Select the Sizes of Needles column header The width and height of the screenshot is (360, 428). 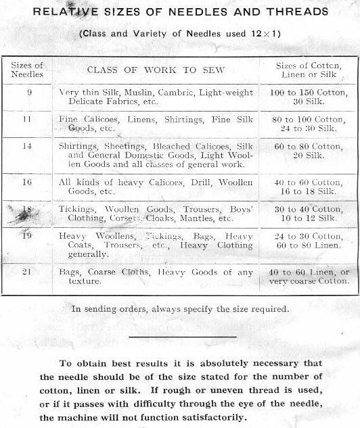pos(26,70)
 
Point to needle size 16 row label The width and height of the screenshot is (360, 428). pos(28,182)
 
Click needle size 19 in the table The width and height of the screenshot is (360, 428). pos(28,236)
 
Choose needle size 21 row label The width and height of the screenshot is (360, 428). pos(28,271)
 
